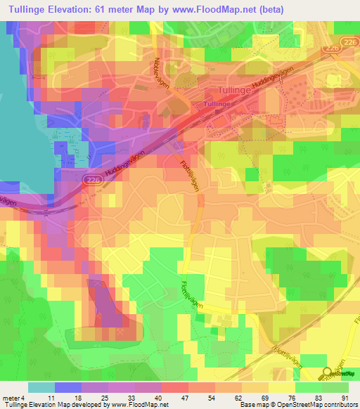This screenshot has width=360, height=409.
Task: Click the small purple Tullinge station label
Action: click(x=217, y=104)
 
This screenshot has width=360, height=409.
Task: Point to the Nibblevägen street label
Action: click(x=162, y=70)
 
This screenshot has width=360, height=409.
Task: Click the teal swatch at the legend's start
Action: click(x=41, y=387)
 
